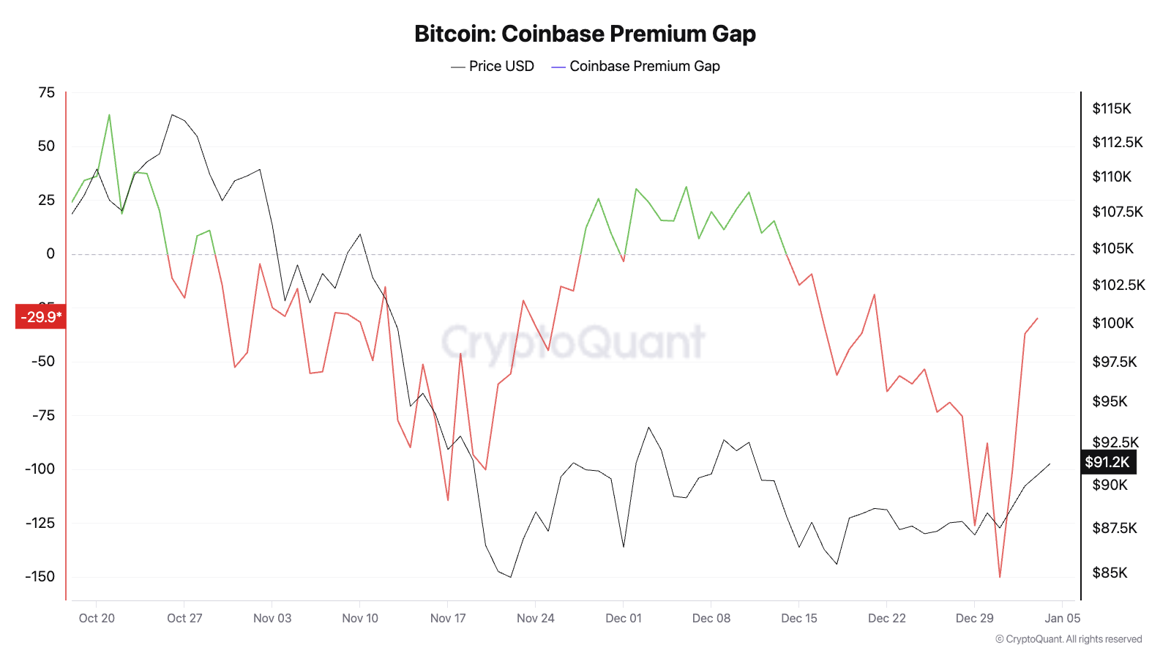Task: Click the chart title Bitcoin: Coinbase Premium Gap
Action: click(x=585, y=34)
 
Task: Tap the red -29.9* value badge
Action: click(x=41, y=317)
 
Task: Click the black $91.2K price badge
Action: click(x=1108, y=462)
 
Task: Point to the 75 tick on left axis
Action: click(x=46, y=92)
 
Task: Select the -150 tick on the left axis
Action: click(x=40, y=576)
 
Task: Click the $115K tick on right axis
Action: click(x=1111, y=108)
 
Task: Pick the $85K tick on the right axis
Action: click(x=1110, y=573)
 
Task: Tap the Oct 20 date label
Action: click(x=97, y=618)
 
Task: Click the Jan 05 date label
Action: click(x=1062, y=618)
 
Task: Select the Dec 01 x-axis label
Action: click(x=624, y=618)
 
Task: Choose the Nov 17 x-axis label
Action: click(x=448, y=618)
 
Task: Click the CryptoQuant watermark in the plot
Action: click(x=573, y=341)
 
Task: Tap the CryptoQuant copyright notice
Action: click(x=1069, y=639)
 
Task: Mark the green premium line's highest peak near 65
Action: click(x=109, y=114)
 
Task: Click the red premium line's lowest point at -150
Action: click(x=1000, y=577)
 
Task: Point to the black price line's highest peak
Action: click(x=172, y=114)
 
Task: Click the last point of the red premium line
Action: click(x=1038, y=319)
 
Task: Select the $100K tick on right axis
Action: click(x=1112, y=323)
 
